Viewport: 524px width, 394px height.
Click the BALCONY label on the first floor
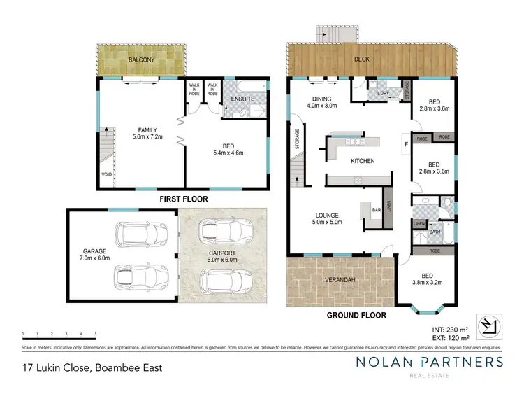pos(140,60)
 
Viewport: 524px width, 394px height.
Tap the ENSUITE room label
pos(242,99)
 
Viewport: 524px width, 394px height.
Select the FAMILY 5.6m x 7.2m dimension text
pos(147,133)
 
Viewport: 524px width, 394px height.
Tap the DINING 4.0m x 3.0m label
pos(323,102)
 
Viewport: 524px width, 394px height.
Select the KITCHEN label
pos(363,161)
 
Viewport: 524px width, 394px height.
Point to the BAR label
pos(375,209)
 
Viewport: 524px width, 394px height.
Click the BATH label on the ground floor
pos(435,231)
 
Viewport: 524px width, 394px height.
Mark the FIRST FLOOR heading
pos(185,199)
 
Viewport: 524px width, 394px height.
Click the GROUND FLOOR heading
pos(357,316)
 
